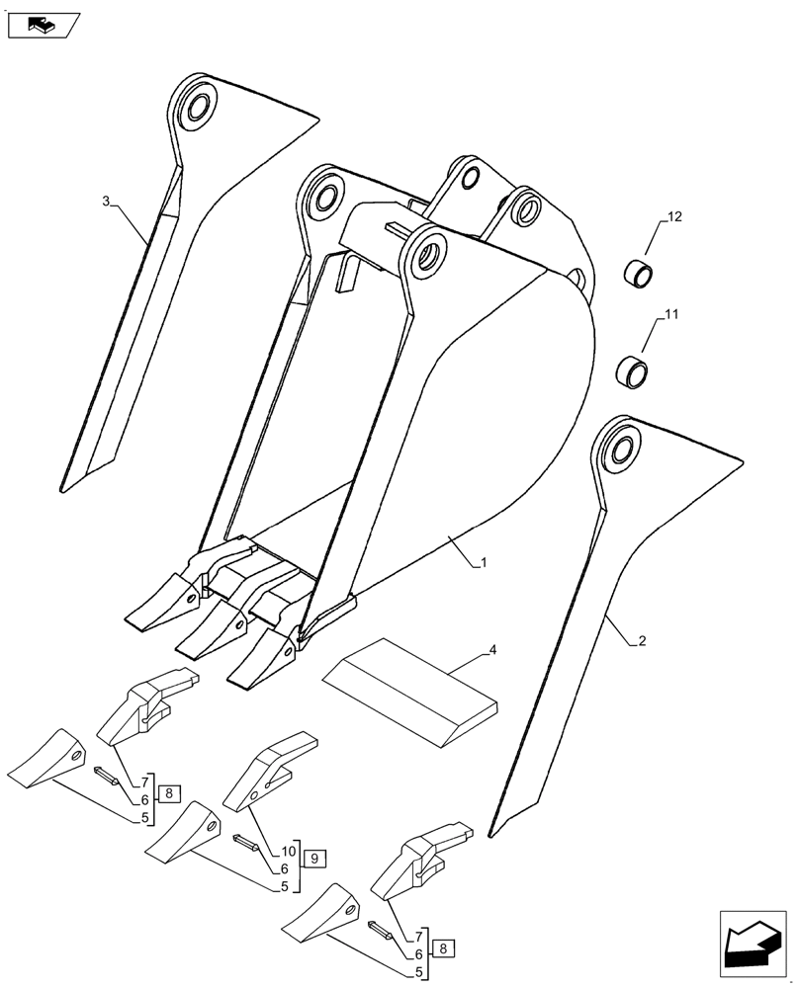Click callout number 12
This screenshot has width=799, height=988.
click(x=673, y=216)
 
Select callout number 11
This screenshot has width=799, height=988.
click(x=671, y=315)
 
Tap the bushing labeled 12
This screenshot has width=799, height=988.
click(x=637, y=274)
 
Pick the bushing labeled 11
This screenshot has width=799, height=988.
click(x=633, y=372)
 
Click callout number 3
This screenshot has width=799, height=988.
click(x=107, y=202)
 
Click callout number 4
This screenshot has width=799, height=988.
click(x=491, y=651)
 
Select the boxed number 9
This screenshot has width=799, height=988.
click(x=312, y=858)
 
